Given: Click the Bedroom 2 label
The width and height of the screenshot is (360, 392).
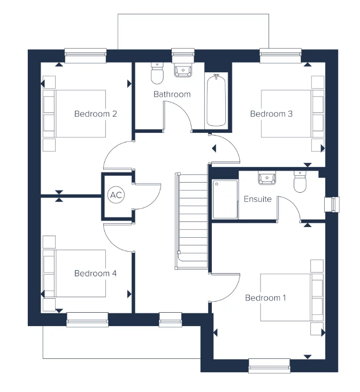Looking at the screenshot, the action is pyautogui.click(x=96, y=114).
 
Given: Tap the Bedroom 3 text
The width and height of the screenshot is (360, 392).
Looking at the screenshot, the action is pyautogui.click(x=271, y=114).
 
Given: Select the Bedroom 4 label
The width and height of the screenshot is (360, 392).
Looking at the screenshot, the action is pyautogui.click(x=96, y=273).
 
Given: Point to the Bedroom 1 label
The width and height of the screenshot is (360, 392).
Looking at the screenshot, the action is pyautogui.click(x=266, y=298).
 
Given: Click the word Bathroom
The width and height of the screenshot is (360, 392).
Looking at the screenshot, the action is pyautogui.click(x=172, y=94).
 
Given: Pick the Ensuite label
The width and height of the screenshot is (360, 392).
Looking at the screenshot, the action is pyautogui.click(x=258, y=199).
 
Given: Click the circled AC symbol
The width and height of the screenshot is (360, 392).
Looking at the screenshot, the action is pyautogui.click(x=116, y=195).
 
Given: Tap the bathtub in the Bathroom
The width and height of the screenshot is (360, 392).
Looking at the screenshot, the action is pyautogui.click(x=216, y=100).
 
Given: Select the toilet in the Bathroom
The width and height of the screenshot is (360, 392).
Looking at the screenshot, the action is pyautogui.click(x=157, y=73).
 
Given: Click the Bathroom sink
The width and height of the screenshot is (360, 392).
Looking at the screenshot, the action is pyautogui.click(x=183, y=70).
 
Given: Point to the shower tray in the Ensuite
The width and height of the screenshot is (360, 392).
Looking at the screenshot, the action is pyautogui.click(x=225, y=199).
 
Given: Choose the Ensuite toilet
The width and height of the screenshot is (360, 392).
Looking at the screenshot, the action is pyautogui.click(x=300, y=182).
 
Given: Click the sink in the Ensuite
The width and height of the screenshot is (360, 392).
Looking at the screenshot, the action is pyautogui.click(x=267, y=177).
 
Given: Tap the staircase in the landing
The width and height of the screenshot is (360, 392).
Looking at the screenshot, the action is pyautogui.click(x=192, y=221).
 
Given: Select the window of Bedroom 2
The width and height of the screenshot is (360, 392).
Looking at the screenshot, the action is pyautogui.click(x=86, y=56).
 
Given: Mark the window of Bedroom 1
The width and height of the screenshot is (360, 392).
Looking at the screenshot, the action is pyautogui.click(x=270, y=366).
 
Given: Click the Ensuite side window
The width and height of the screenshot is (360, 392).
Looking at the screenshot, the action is pyautogui.click(x=332, y=205).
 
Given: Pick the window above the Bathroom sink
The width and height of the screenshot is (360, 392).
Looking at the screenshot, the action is pyautogui.click(x=183, y=55).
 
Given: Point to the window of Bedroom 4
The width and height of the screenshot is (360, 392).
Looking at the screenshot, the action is pyautogui.click(x=87, y=320).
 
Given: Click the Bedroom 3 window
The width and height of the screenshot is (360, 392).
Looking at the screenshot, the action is pyautogui.click(x=281, y=56).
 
